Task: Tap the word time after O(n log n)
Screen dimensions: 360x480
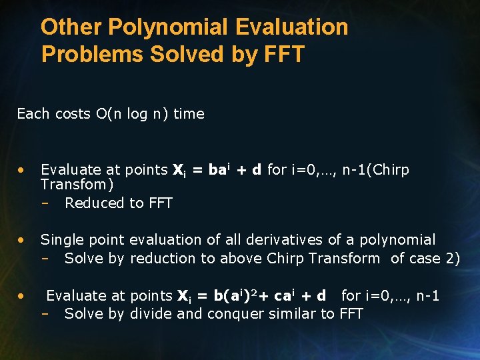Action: tap(189, 114)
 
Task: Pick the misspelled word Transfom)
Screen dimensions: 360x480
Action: tap(77, 184)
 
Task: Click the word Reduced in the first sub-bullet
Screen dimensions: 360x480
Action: tap(91, 203)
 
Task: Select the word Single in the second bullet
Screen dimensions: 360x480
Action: tap(62, 240)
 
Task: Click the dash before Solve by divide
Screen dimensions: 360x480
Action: tap(47, 314)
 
